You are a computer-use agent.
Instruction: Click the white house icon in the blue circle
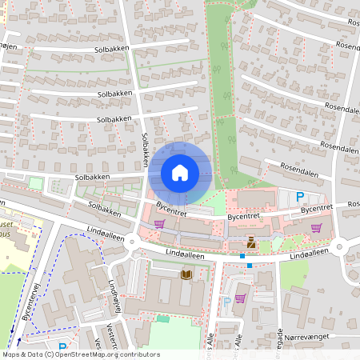180,172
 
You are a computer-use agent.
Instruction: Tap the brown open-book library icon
186,274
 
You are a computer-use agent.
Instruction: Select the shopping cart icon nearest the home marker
159,224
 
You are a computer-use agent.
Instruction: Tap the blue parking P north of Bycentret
300,197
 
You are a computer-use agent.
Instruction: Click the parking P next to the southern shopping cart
227,302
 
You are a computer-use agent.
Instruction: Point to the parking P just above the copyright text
62,347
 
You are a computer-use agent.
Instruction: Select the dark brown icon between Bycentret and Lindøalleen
252,242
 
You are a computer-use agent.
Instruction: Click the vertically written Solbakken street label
146,149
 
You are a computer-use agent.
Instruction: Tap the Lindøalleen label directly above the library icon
186,254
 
